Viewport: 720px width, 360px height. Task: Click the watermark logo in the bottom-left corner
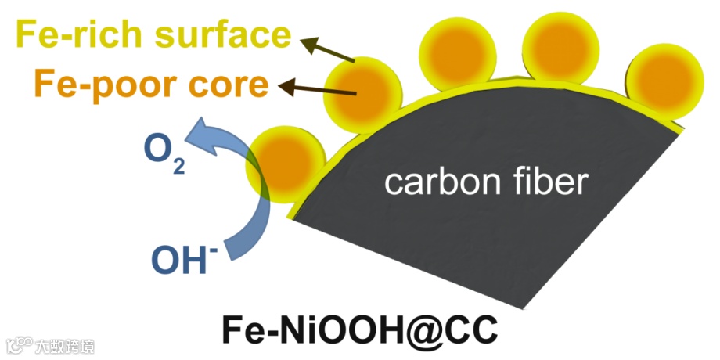pos(19,344)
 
